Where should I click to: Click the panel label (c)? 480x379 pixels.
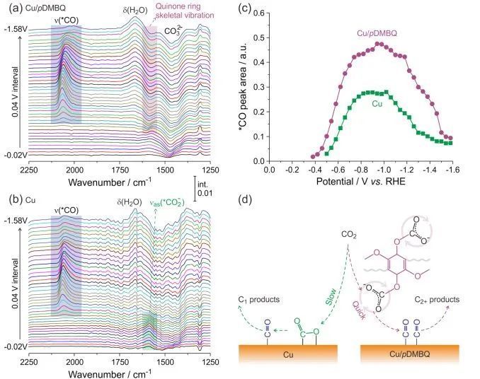tap(246, 9)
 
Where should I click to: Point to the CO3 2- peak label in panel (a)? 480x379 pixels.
tap(173, 31)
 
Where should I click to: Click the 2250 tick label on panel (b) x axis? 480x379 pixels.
tap(29, 361)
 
